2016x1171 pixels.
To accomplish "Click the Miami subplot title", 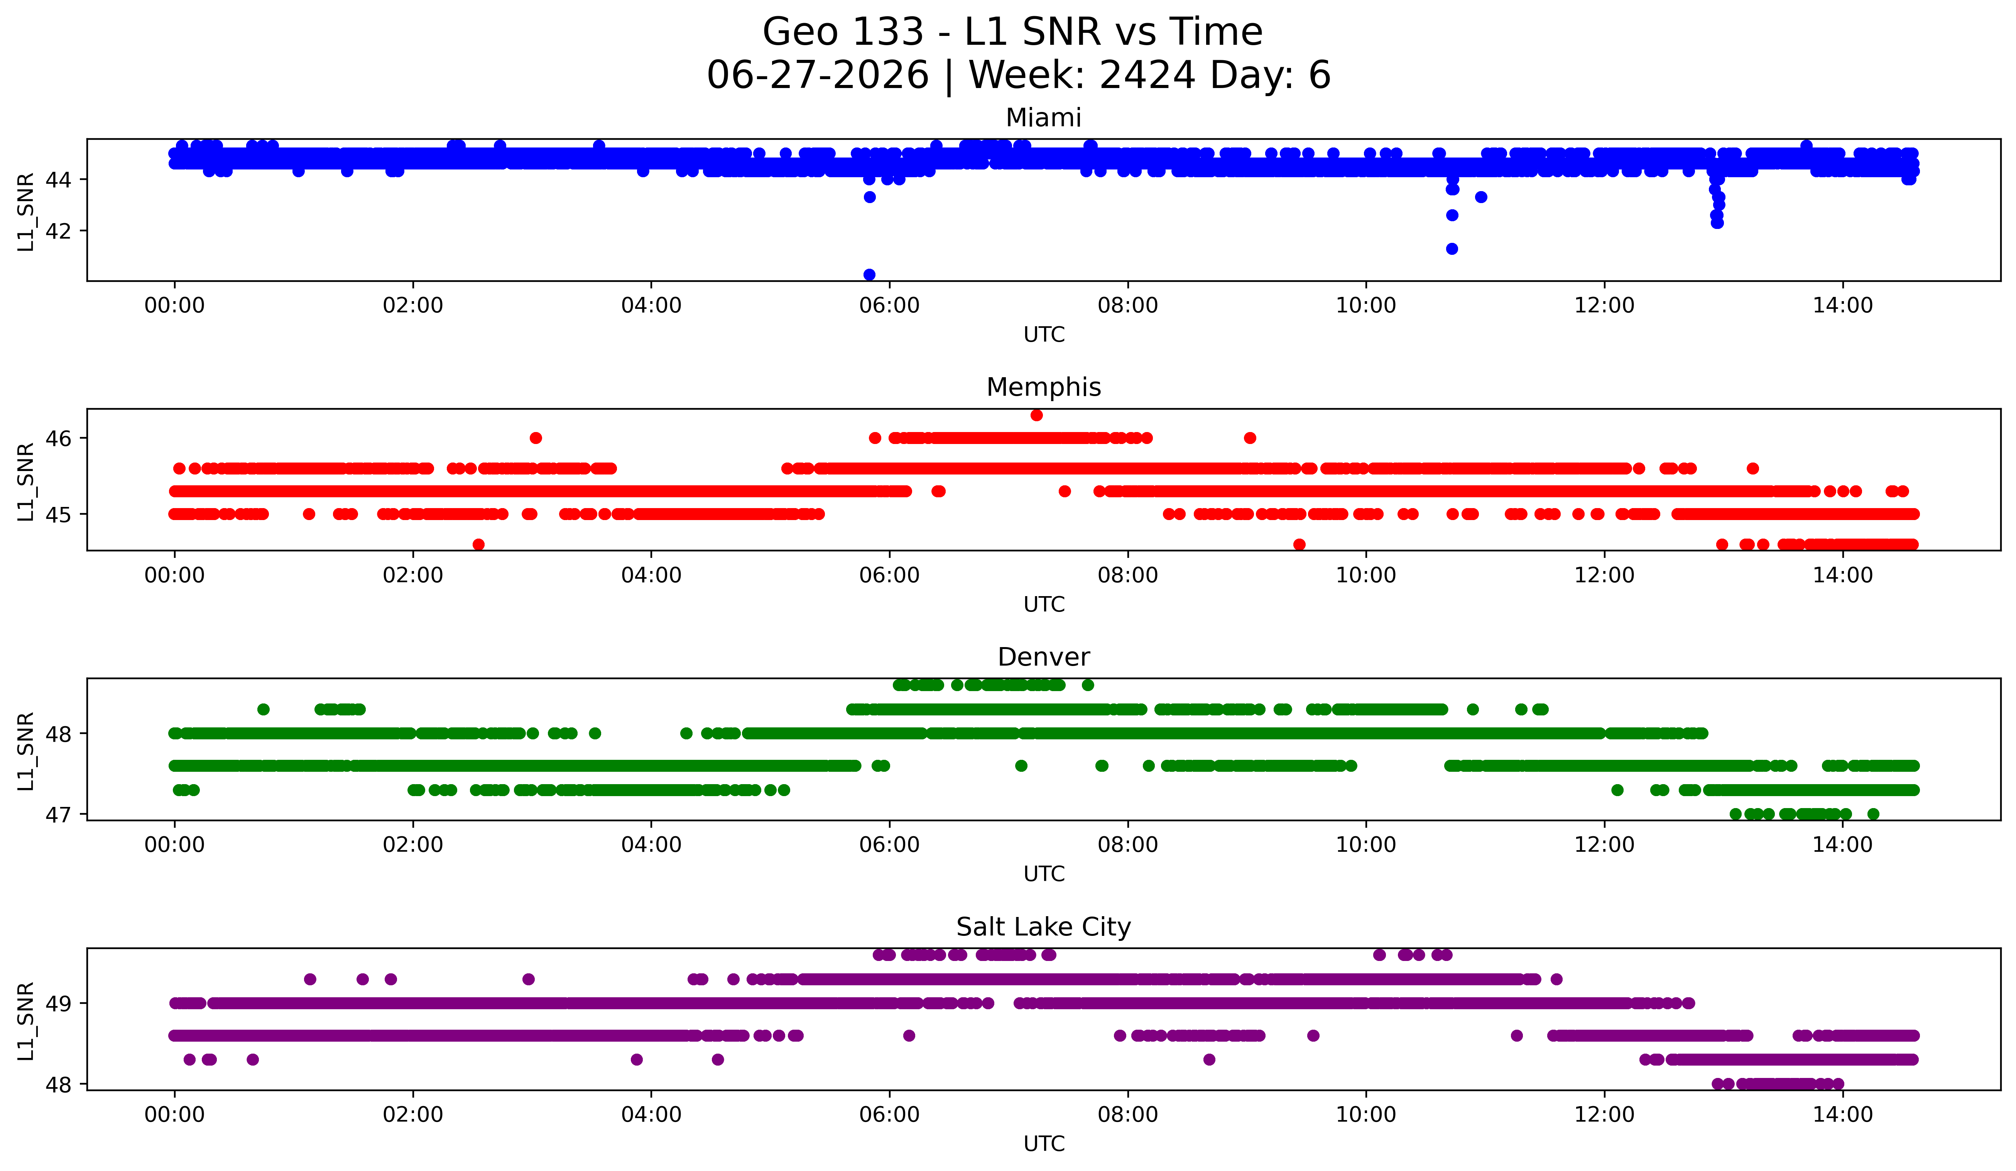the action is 1043,118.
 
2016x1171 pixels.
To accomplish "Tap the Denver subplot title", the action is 1043,657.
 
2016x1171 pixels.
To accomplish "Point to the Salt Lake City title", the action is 1043,927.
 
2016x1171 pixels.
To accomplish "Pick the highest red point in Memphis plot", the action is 1037,415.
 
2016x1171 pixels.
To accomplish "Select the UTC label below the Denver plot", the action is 1044,874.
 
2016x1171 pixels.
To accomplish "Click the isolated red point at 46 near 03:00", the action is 536,438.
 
